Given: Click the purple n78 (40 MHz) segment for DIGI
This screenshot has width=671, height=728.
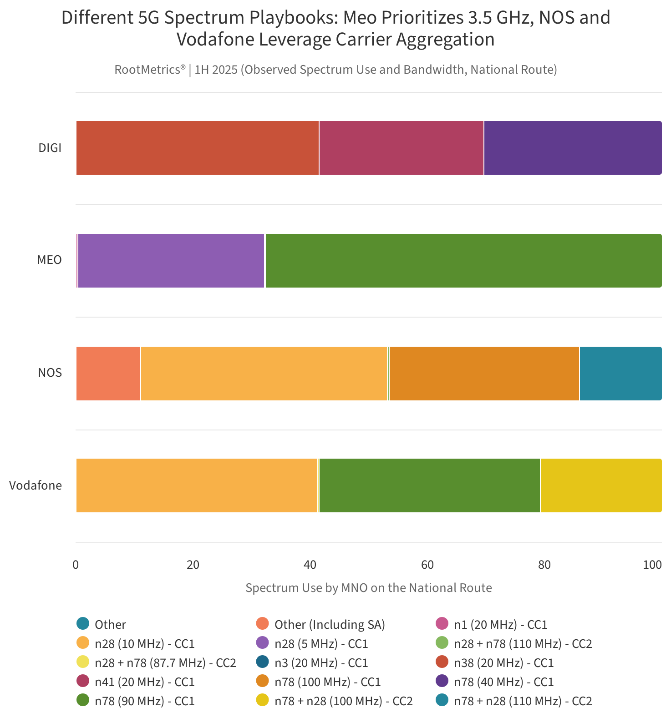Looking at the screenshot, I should tap(572, 148).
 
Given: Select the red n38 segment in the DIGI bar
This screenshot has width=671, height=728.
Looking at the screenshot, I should tap(197, 148).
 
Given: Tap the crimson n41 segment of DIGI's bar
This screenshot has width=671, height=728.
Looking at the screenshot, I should tap(401, 148).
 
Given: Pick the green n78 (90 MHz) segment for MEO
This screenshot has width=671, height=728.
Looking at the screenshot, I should tap(463, 261).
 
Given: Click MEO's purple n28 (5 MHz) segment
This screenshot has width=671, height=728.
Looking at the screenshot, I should tap(171, 261).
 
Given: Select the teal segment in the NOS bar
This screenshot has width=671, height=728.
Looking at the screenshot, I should tap(620, 374).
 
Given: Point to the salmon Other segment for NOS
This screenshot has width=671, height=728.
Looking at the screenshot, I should tap(108, 374).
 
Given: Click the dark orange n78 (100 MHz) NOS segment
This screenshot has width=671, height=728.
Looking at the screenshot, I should tap(484, 374).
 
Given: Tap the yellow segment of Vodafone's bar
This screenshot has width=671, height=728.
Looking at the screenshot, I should tap(601, 485).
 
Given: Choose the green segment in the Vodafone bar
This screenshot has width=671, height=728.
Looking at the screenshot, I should tap(429, 485).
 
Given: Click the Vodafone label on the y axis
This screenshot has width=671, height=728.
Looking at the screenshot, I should tap(36, 485).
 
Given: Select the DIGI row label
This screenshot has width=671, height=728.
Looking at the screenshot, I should tap(50, 148).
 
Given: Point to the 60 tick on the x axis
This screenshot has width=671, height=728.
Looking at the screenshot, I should tap(427, 565).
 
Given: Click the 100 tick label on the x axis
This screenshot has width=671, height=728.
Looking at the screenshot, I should tap(652, 565).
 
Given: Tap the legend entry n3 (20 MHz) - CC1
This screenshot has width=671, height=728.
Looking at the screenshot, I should tap(321, 663).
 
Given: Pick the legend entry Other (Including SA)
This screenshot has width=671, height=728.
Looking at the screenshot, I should tap(330, 625).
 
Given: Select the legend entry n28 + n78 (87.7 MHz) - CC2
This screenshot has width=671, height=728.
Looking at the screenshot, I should tap(165, 663).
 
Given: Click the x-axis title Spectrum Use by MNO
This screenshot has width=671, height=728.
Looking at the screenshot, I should tap(368, 588).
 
